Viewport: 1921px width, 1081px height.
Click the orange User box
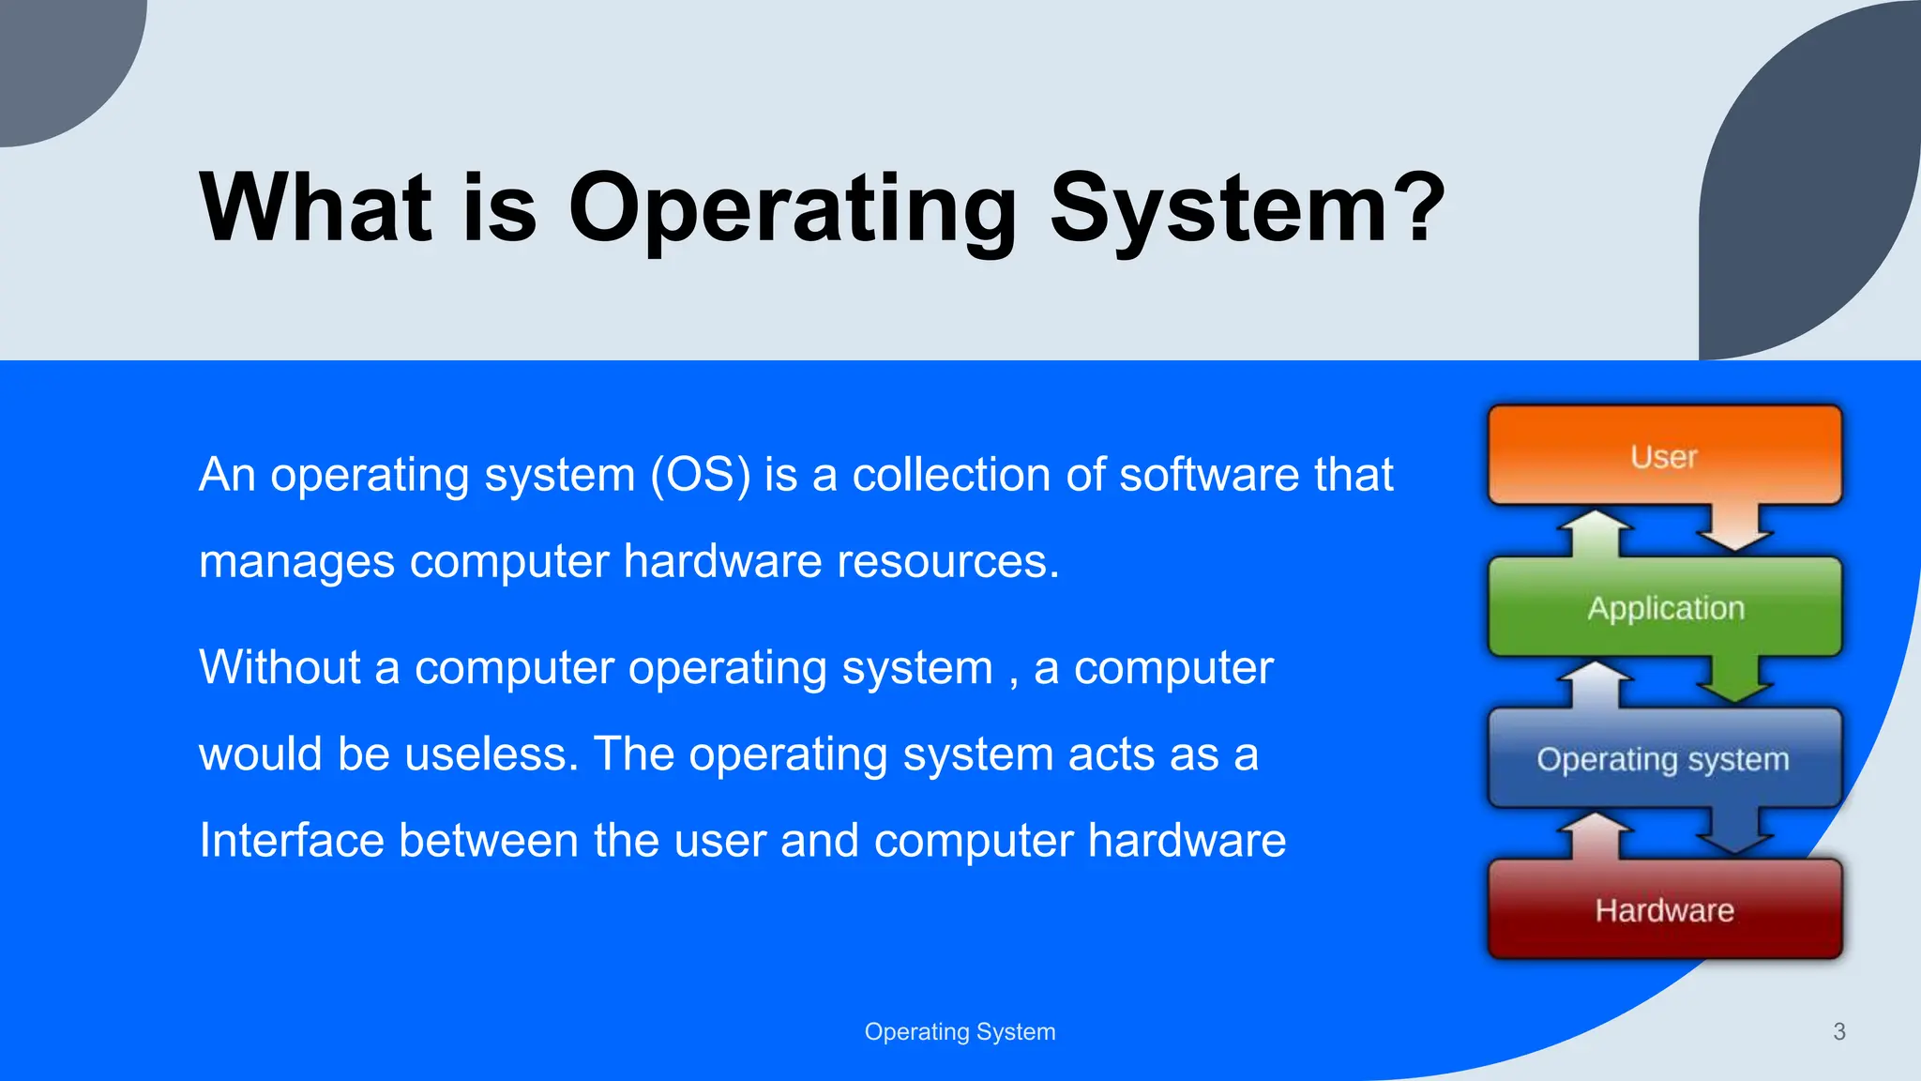pos(1665,456)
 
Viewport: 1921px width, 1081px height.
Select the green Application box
pos(1665,607)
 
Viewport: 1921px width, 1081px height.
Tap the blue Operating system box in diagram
pos(1663,758)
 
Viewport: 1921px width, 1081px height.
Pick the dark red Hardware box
pos(1665,909)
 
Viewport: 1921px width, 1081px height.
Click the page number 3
pos(1838,1031)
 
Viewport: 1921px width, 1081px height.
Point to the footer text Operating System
pos(960,1031)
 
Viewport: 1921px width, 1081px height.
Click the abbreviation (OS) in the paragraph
pos(701,474)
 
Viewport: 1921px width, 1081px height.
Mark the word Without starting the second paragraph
pos(280,667)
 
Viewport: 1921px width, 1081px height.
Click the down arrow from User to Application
pos(1734,530)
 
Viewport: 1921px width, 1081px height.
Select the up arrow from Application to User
pos(1596,532)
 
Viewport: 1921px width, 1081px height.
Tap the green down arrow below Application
pos(1734,680)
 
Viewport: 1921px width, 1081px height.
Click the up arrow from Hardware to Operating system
pos(1596,835)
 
